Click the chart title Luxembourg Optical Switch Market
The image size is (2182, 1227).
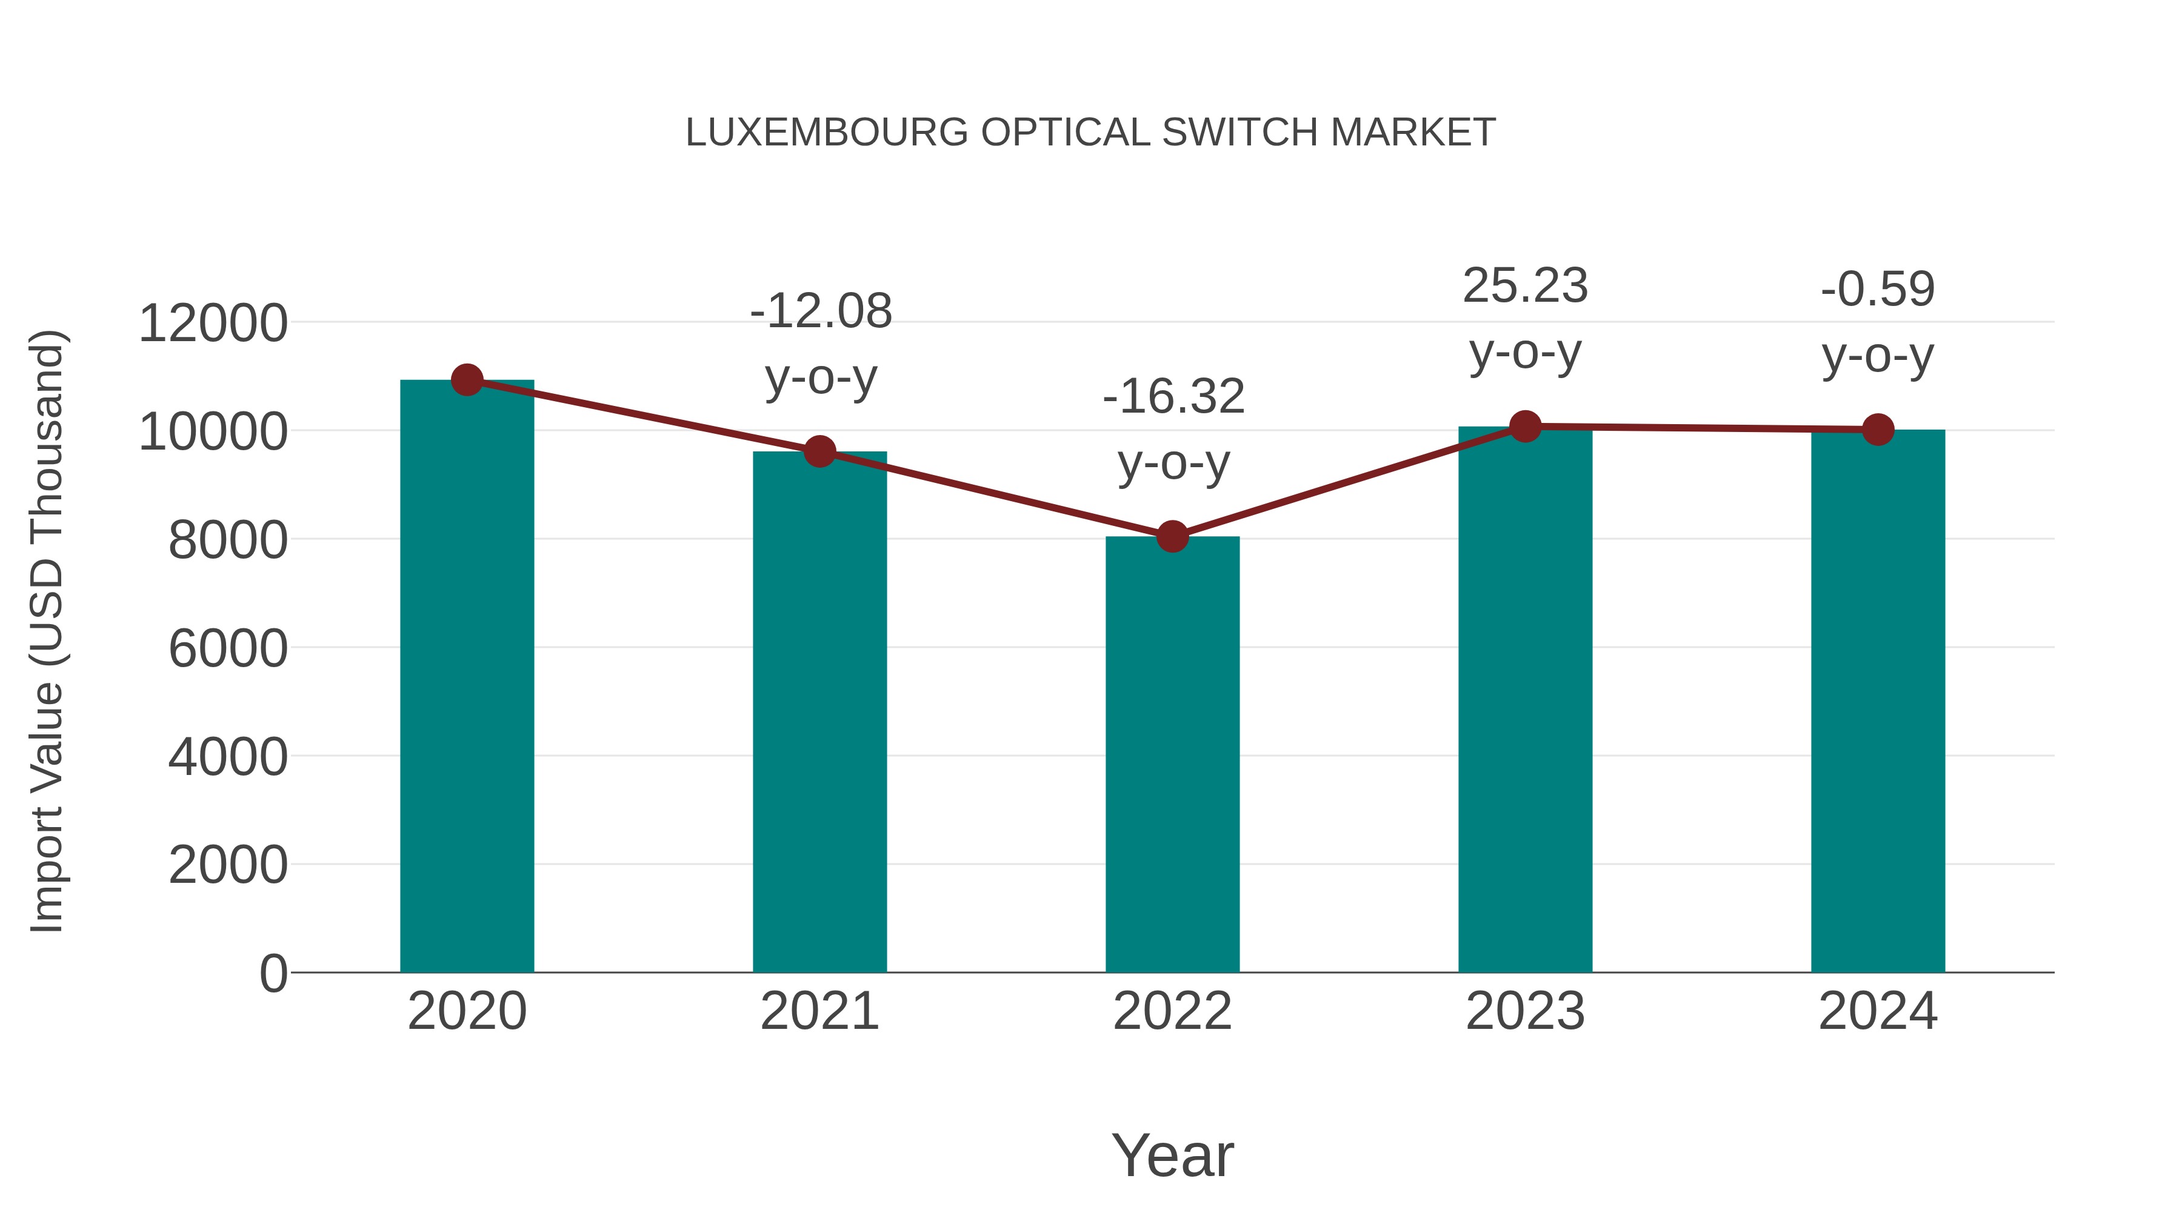point(1090,133)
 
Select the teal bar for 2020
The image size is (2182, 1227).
point(467,677)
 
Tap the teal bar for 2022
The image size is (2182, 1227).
point(1172,754)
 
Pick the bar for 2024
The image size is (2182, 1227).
point(1878,703)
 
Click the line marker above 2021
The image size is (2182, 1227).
point(820,451)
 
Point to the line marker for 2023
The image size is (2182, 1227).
point(1526,427)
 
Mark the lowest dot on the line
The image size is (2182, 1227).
point(1172,536)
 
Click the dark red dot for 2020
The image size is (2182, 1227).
point(467,380)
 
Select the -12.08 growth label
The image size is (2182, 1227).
point(821,311)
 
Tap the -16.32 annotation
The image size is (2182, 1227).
point(1173,396)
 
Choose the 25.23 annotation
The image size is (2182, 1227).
point(1525,286)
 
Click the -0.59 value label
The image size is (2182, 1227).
point(1878,290)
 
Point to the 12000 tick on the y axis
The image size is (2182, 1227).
point(213,324)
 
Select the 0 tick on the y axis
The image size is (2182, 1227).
point(273,973)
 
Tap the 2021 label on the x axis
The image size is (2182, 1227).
point(820,1011)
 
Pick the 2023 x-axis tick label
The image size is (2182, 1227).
point(1526,1011)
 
